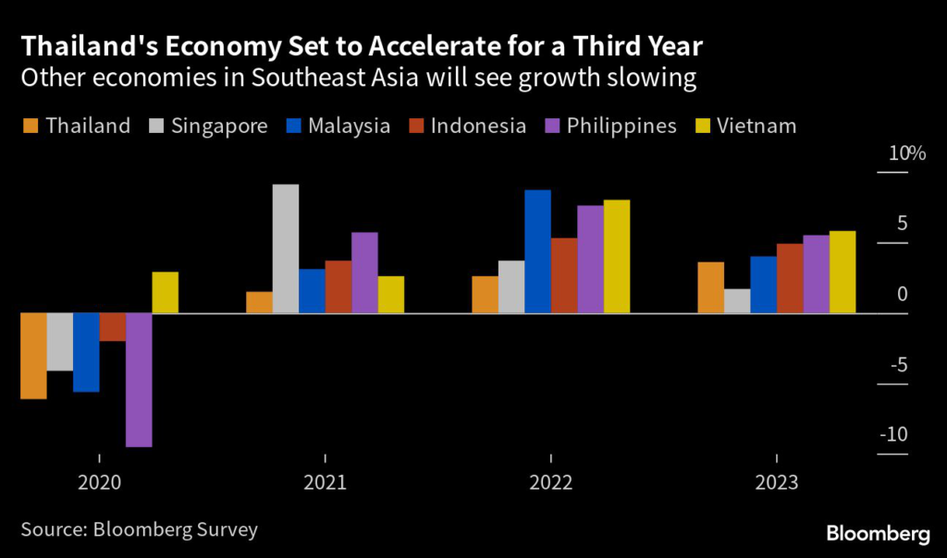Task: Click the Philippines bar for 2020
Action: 139,380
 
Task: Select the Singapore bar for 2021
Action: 286,249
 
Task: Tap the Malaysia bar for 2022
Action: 537,251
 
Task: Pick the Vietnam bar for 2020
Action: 165,292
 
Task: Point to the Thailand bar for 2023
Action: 711,287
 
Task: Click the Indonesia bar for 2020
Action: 112,327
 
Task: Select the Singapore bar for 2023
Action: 737,301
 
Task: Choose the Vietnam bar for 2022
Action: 616,256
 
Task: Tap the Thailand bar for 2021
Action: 260,302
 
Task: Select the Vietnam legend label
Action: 756,126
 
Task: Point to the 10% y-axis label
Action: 906,153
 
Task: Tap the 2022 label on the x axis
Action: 550,482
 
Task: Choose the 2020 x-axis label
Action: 99,482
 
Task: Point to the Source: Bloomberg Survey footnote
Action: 139,529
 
